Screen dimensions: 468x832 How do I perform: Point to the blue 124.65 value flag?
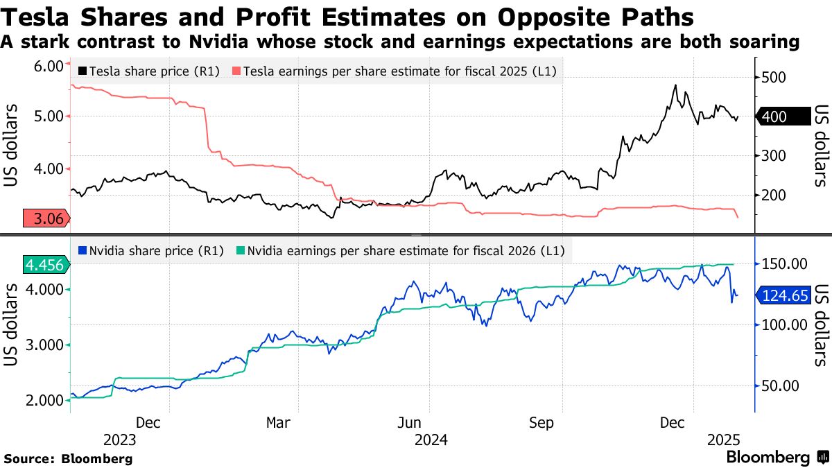783,296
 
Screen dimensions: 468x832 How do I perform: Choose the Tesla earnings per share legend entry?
395,71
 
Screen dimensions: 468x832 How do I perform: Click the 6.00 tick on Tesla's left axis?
49,65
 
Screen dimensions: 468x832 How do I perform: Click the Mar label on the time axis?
279,422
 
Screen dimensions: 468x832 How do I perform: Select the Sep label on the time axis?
541,422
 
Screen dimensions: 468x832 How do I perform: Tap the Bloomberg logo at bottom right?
776,458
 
